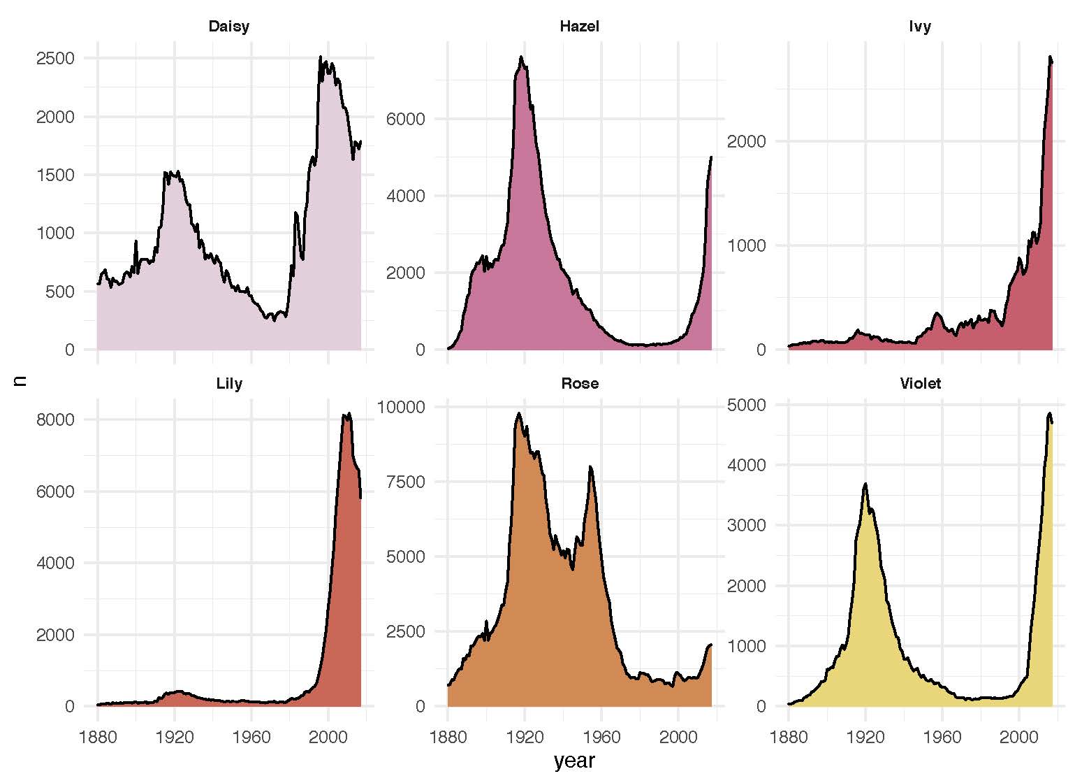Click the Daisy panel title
[228, 27]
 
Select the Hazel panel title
[579, 27]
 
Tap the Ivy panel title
[920, 27]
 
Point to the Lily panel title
[229, 384]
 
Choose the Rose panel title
[579, 384]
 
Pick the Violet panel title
[920, 384]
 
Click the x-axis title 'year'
[574, 761]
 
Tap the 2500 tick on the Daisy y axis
[55, 58]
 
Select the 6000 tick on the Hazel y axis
[406, 119]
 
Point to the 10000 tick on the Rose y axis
[402, 407]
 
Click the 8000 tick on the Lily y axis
[55, 419]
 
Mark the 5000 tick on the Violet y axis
[747, 405]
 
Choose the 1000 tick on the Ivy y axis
[747, 245]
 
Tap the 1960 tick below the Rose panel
[601, 736]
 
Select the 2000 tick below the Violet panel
[1018, 736]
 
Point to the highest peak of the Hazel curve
[521, 57]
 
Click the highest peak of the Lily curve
[349, 414]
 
